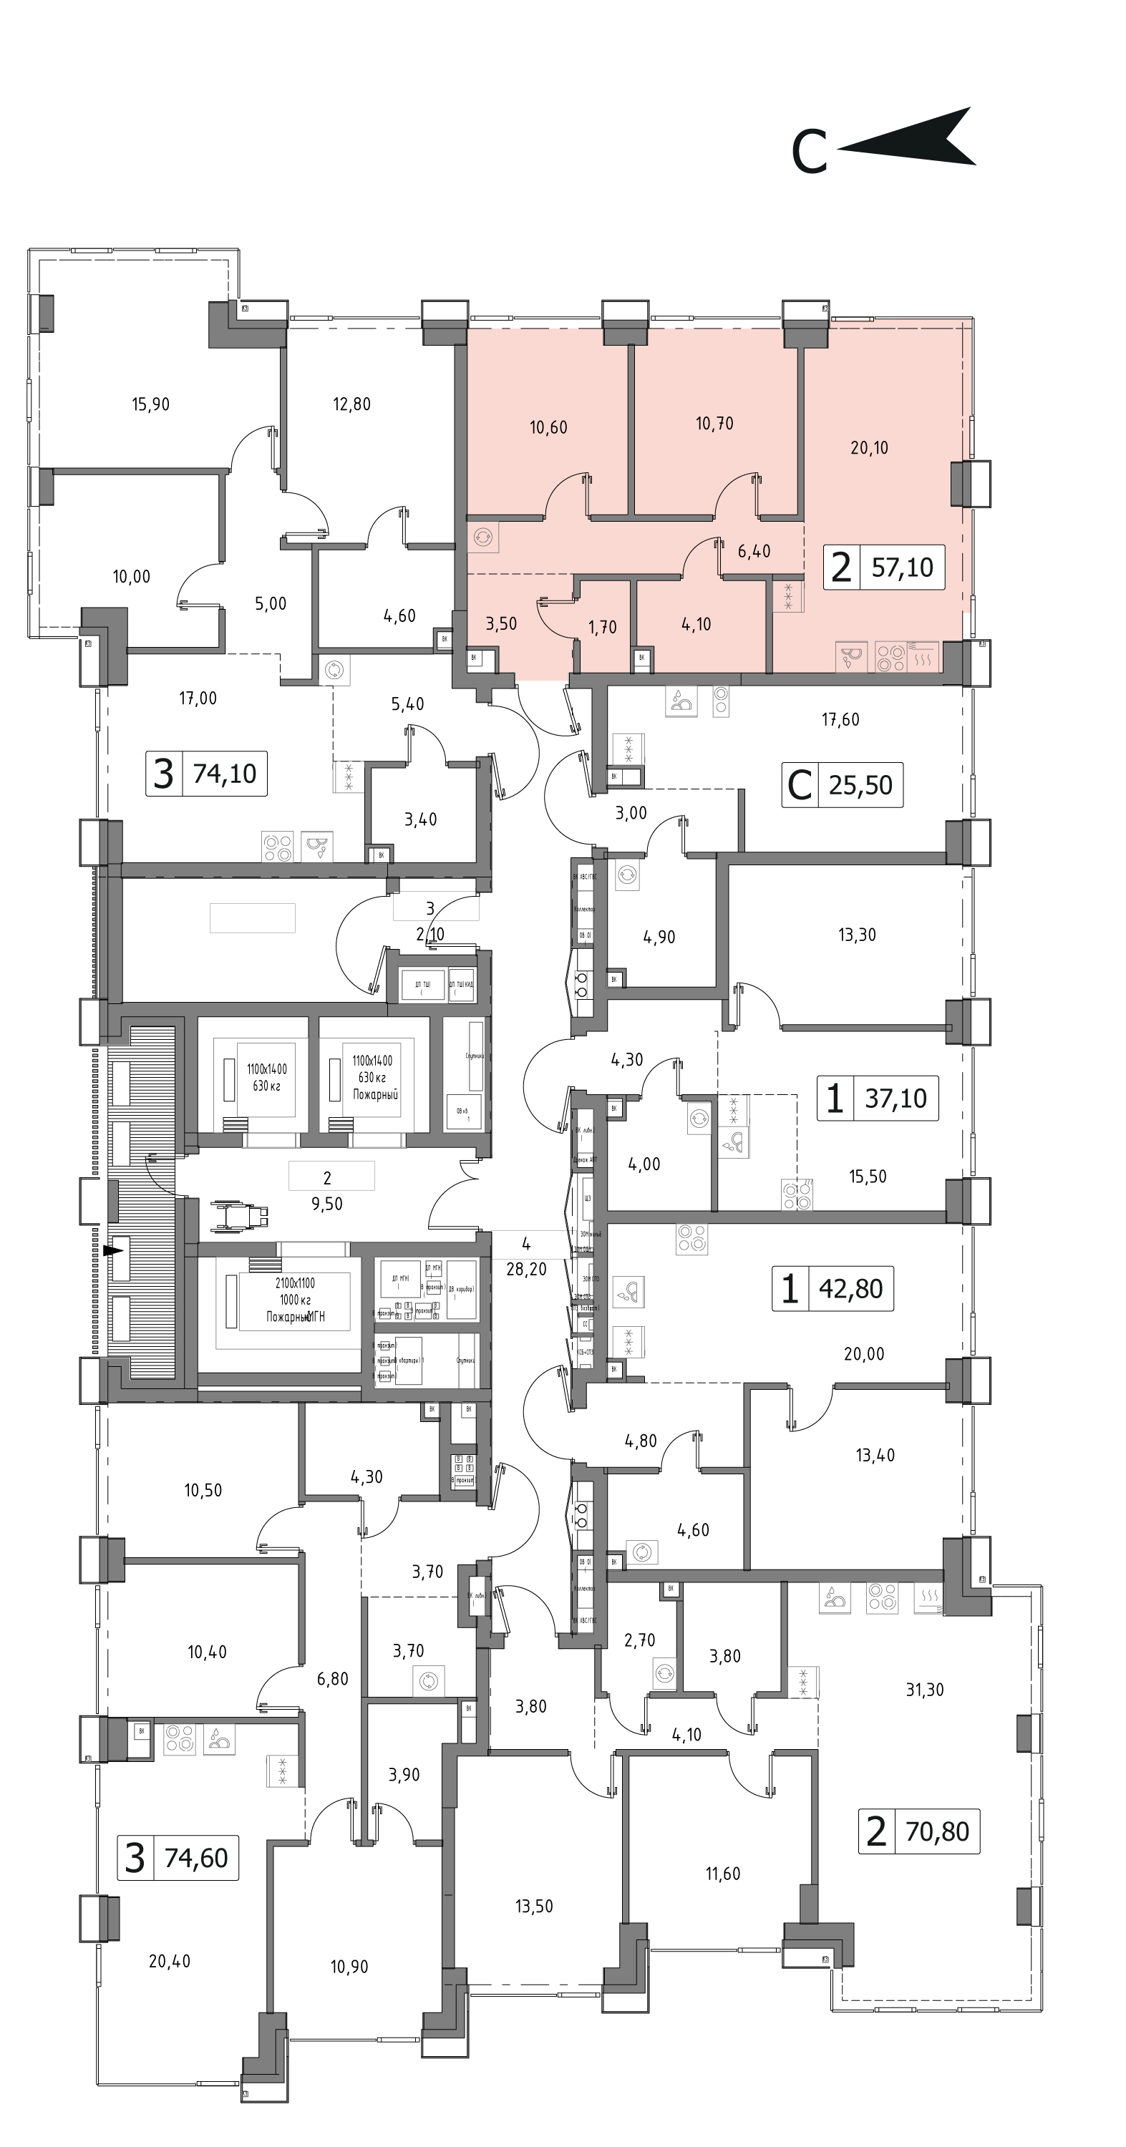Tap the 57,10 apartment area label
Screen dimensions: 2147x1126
coord(902,568)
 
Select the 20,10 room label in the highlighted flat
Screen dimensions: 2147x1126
coord(869,447)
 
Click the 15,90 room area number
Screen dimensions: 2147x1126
coord(151,404)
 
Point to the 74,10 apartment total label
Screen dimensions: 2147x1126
coord(224,774)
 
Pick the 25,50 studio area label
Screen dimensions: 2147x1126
coord(860,785)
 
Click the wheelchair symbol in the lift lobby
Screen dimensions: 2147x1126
coord(240,1214)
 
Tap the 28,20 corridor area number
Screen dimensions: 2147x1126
coord(526,1269)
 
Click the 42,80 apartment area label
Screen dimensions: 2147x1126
coord(850,1288)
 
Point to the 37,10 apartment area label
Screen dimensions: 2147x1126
coord(895,1099)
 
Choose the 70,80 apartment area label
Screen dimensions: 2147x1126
coord(937,1831)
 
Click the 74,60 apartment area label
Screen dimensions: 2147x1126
coord(196,1858)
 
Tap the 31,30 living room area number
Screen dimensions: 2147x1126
coord(924,1690)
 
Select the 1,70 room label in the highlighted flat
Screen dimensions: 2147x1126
coord(603,627)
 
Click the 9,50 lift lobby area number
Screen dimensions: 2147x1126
coord(326,1204)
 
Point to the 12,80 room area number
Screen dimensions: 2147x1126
coord(351,404)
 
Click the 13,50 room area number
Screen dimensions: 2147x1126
coord(533,1906)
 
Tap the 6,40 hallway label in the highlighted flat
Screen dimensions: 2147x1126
coord(754,551)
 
